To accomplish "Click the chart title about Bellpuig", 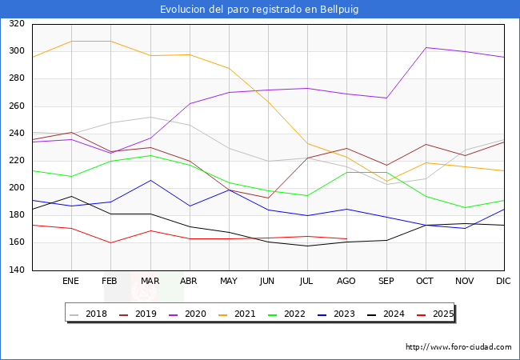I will pyautogui.click(x=260, y=10).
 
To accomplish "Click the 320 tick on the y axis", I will pyautogui.click(x=16, y=24).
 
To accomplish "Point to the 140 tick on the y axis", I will pyautogui.click(x=16, y=270).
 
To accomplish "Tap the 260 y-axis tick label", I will pyautogui.click(x=16, y=106).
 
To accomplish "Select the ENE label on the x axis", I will pyautogui.click(x=71, y=282).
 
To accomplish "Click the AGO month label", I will pyautogui.click(x=346, y=282).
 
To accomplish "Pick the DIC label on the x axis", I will pyautogui.click(x=503, y=282).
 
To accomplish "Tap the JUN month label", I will pyautogui.click(x=267, y=282).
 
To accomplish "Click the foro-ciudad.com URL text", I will pyautogui.click(x=458, y=347).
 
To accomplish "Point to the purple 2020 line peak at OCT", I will pyautogui.click(x=426, y=48).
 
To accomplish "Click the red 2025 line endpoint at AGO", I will pyautogui.click(x=346, y=238).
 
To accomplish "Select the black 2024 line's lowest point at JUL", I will pyautogui.click(x=307, y=246).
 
